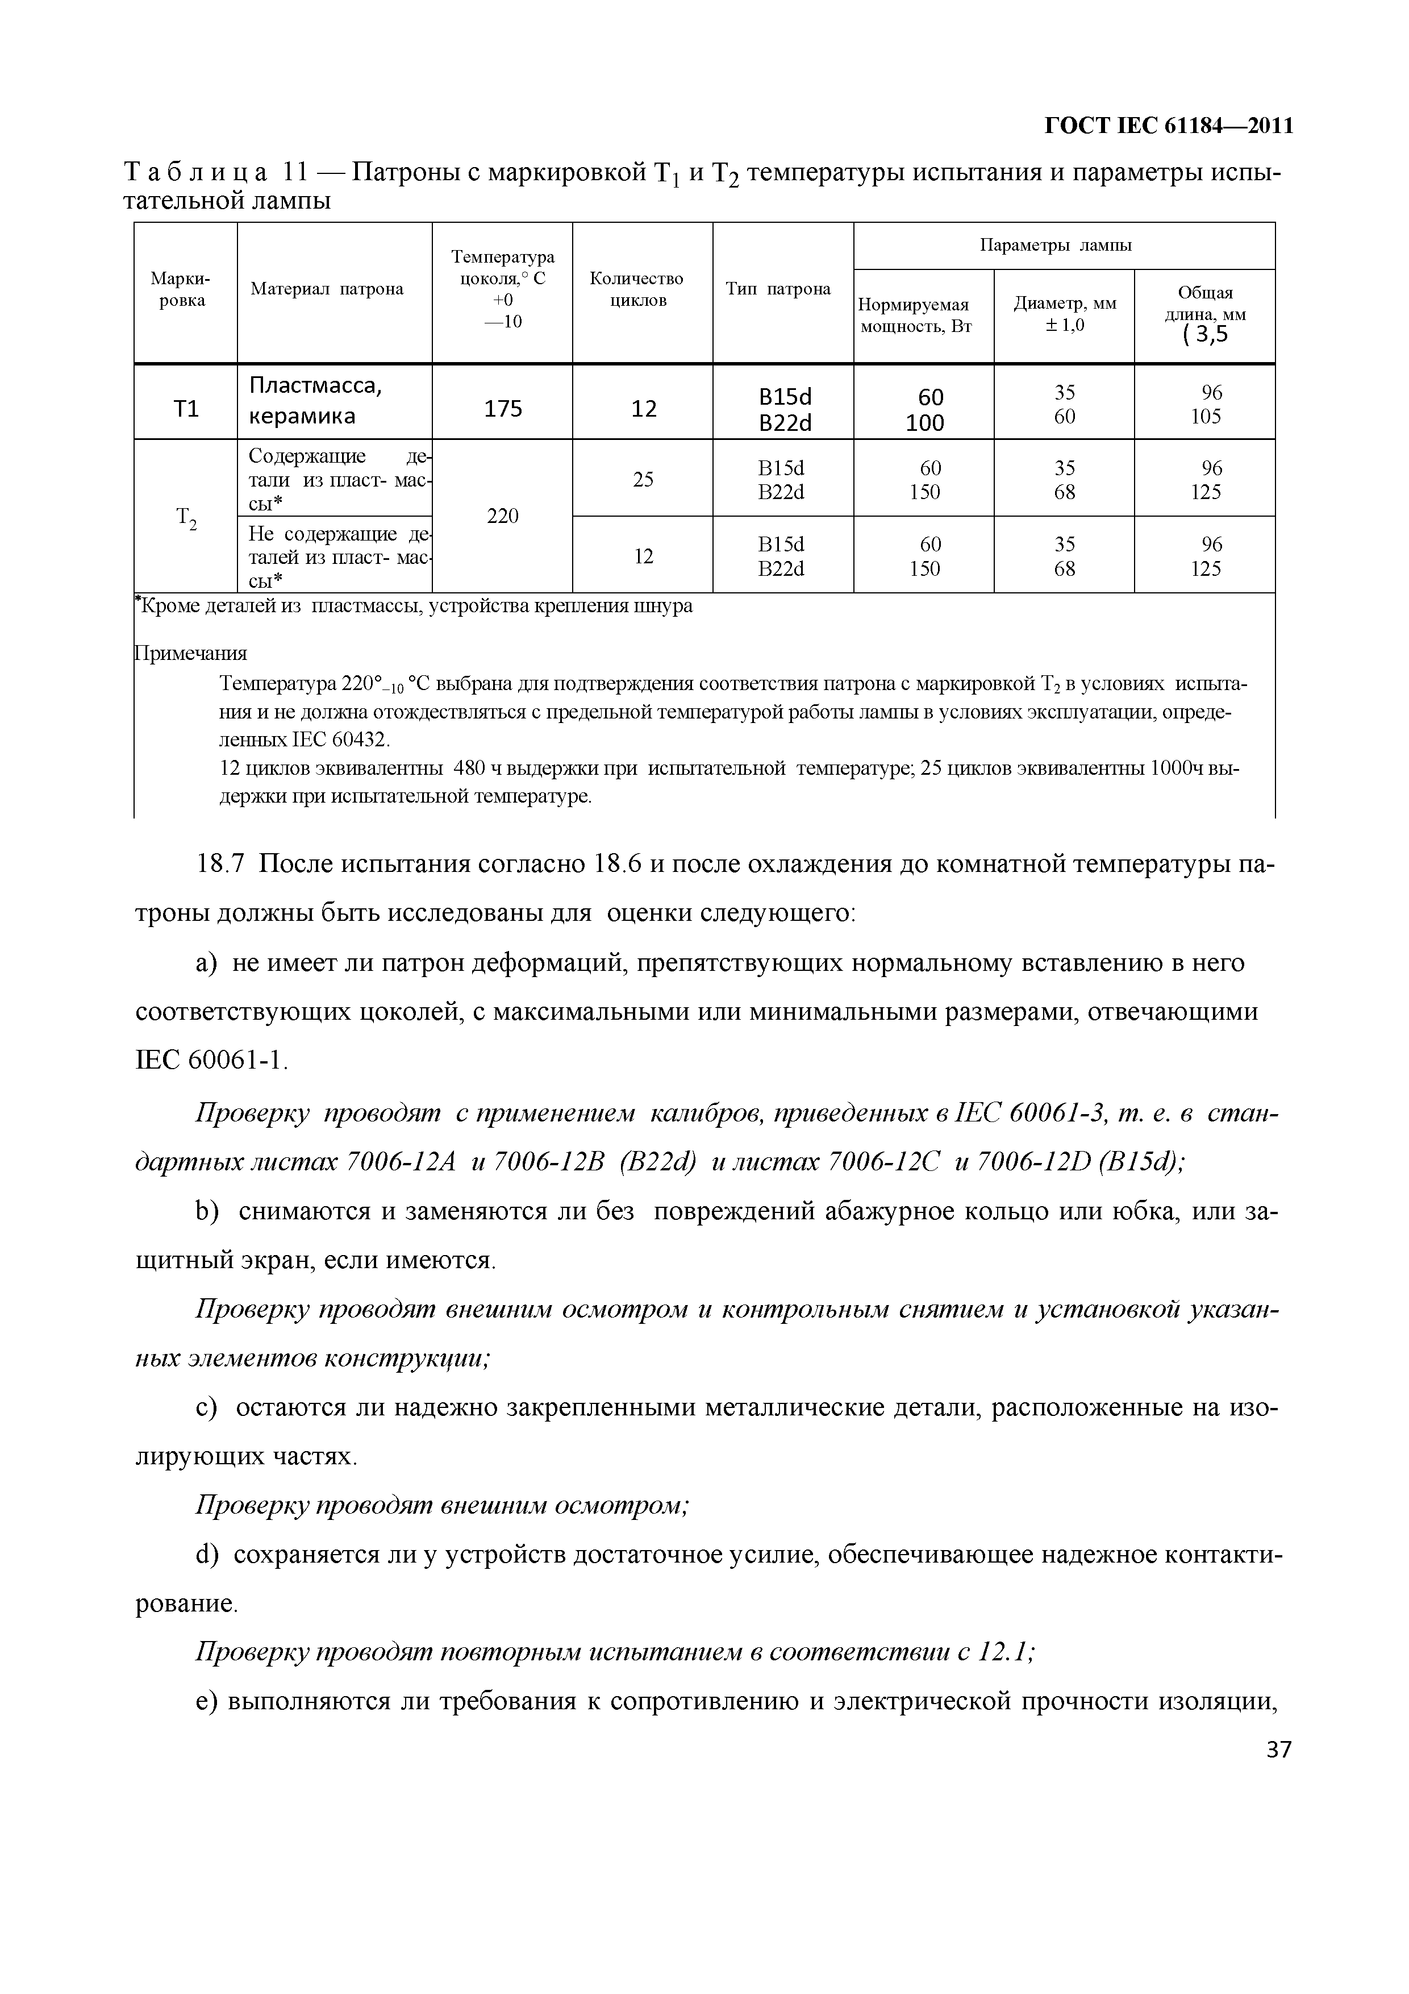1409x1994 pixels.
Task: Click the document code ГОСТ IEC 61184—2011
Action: [x=1168, y=126]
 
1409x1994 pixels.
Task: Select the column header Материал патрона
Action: [x=327, y=289]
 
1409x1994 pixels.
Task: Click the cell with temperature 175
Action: [x=503, y=408]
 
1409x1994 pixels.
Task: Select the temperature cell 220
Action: [x=503, y=517]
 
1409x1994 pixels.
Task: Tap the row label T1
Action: [x=186, y=408]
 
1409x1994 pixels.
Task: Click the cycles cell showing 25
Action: [x=643, y=479]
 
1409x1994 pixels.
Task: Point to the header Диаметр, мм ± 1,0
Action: [x=1064, y=314]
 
